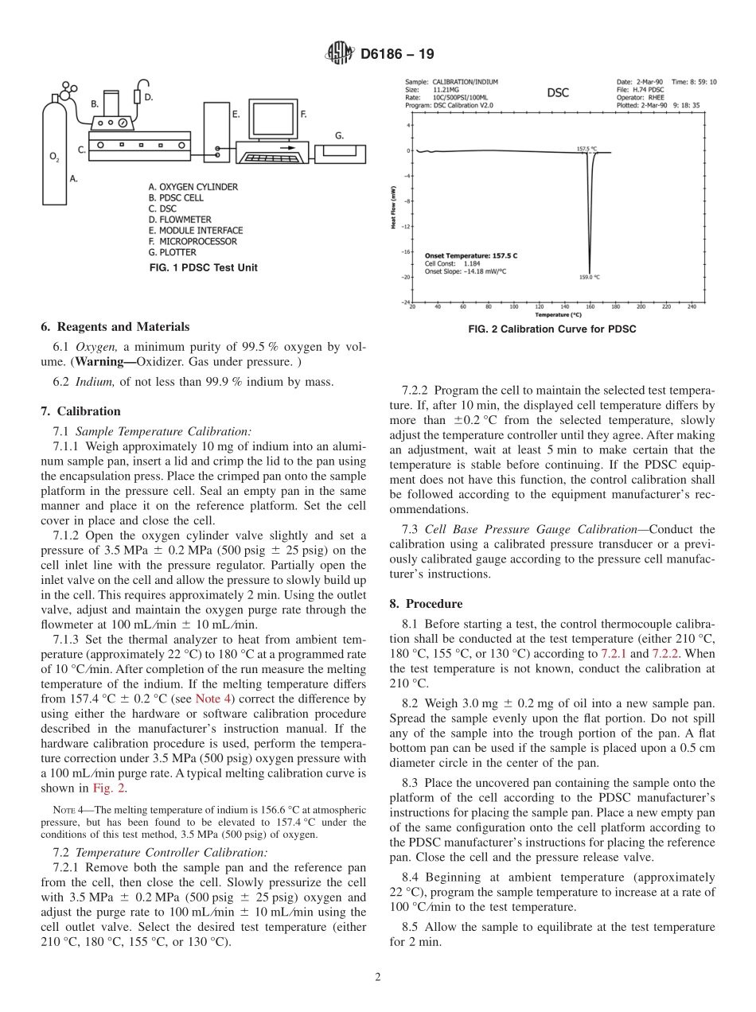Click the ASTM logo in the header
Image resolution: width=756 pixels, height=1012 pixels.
tap(340, 54)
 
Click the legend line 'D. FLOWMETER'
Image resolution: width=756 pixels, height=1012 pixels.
tap(181, 220)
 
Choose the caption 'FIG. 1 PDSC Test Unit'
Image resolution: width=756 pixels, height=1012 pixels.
tap(204, 268)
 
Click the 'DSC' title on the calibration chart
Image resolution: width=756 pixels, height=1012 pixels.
tap(558, 92)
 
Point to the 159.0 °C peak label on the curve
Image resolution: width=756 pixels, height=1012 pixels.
tap(590, 277)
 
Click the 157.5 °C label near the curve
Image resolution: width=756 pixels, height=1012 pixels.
tap(586, 148)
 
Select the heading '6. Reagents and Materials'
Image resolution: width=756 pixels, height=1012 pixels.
tap(115, 327)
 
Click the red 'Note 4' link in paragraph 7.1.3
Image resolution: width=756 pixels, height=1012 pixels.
tap(212, 699)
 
